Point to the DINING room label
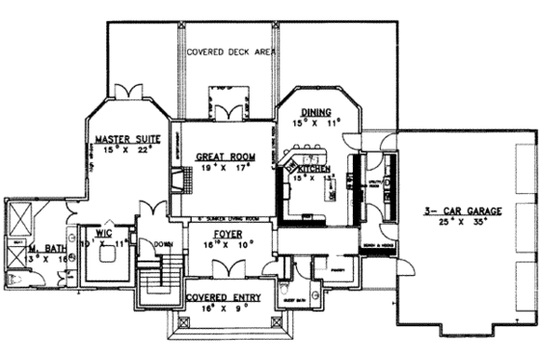(x=315, y=112)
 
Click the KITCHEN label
(x=316, y=169)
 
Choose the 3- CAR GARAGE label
(x=453, y=211)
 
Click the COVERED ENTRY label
(x=227, y=297)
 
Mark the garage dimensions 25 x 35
(x=453, y=223)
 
